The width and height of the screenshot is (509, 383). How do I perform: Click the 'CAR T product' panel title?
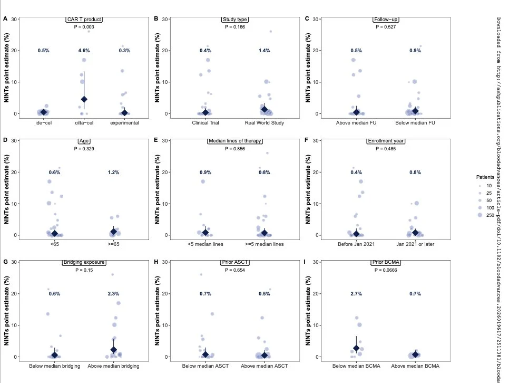point(84,20)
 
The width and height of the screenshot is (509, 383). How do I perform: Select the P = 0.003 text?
point(84,26)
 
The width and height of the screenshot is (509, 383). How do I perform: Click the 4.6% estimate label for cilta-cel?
point(84,51)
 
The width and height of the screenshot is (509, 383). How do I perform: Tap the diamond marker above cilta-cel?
point(84,99)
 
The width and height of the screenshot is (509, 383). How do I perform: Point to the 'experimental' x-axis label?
point(124,123)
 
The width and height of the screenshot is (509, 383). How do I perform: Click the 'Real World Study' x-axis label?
point(264,123)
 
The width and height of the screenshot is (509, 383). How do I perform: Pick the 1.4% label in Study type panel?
point(264,51)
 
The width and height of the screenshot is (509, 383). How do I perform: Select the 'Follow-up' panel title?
point(386,20)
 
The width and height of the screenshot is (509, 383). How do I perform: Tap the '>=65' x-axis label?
point(113,244)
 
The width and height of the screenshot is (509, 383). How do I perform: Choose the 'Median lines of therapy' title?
point(234,141)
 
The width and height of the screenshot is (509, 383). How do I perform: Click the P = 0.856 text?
point(234,148)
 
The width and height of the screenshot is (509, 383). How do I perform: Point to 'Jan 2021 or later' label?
point(415,244)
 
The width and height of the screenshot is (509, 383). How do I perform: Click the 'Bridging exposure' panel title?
point(84,263)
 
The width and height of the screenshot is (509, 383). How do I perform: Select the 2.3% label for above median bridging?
point(113,294)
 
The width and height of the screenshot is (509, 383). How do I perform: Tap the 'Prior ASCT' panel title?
point(234,263)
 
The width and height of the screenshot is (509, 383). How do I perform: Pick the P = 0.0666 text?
point(386,270)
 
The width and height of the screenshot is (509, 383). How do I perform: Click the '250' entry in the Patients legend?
point(488,215)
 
